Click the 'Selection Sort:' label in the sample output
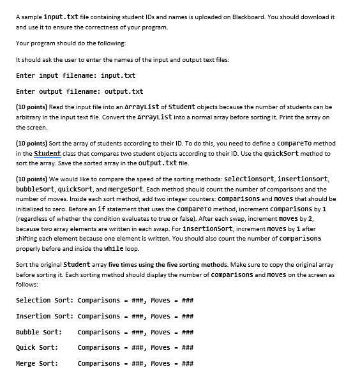click(x=44, y=301)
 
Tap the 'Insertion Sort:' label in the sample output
click(x=44, y=317)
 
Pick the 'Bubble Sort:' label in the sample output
click(x=38, y=333)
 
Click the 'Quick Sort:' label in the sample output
click(x=36, y=348)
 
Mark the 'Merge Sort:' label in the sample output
click(x=36, y=364)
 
